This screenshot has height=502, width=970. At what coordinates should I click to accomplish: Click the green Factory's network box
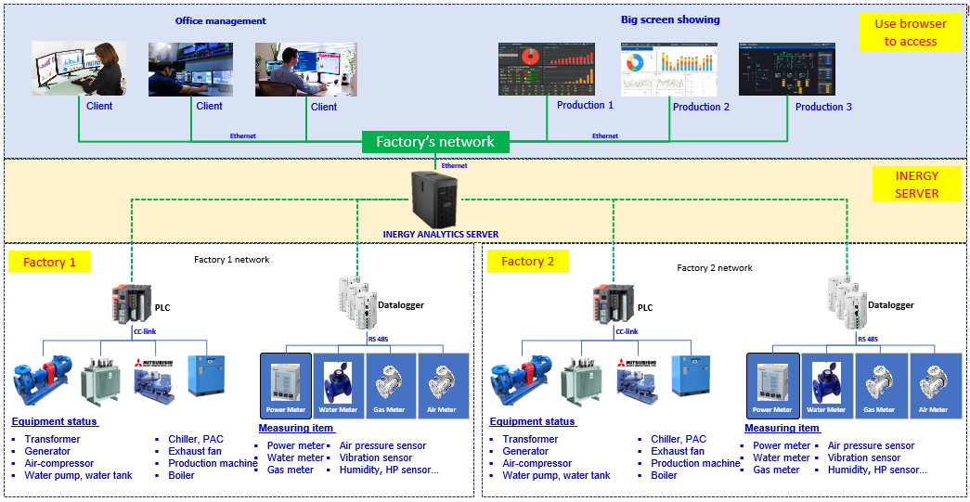coord(434,142)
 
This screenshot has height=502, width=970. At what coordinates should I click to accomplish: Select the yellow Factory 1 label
coord(50,262)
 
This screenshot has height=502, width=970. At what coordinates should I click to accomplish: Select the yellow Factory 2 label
coord(527,261)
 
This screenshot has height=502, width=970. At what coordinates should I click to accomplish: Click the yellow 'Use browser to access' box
coord(910,32)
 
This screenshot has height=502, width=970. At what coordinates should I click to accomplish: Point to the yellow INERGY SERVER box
coord(916,184)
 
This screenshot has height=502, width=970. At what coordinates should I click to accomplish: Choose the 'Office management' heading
coord(221,20)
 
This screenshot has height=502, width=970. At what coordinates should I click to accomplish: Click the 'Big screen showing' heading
coord(670,19)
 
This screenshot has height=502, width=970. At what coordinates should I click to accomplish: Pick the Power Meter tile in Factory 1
coord(286,385)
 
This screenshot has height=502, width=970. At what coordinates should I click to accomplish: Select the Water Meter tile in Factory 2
coord(826,385)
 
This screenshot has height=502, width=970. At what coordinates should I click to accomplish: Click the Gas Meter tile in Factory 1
coord(390,385)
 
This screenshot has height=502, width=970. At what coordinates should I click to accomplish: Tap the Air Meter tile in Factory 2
coord(933,385)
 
